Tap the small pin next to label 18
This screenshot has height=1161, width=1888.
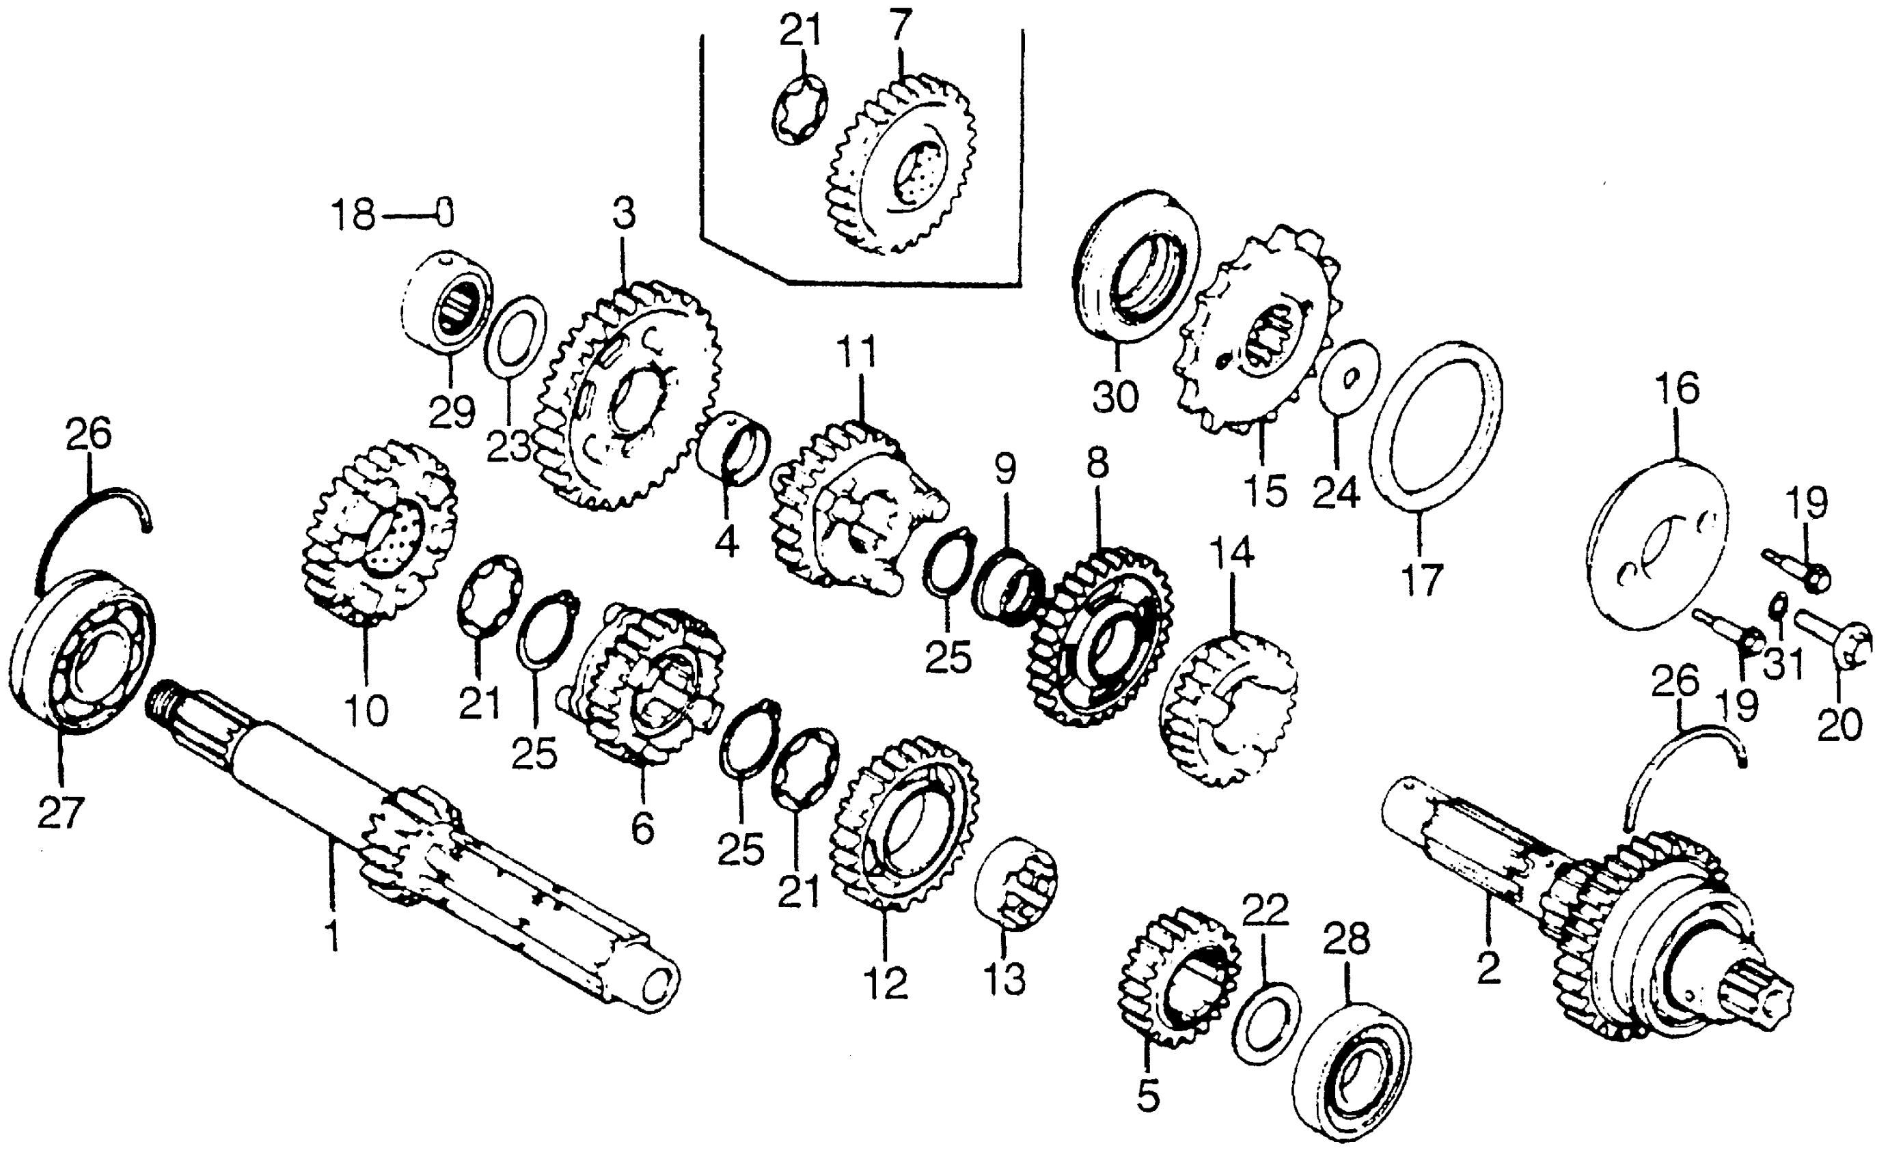(x=445, y=211)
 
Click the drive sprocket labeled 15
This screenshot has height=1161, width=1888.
(x=1259, y=330)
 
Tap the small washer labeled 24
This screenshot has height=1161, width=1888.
(x=1349, y=376)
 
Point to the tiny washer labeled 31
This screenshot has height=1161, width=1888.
(x=1776, y=606)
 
